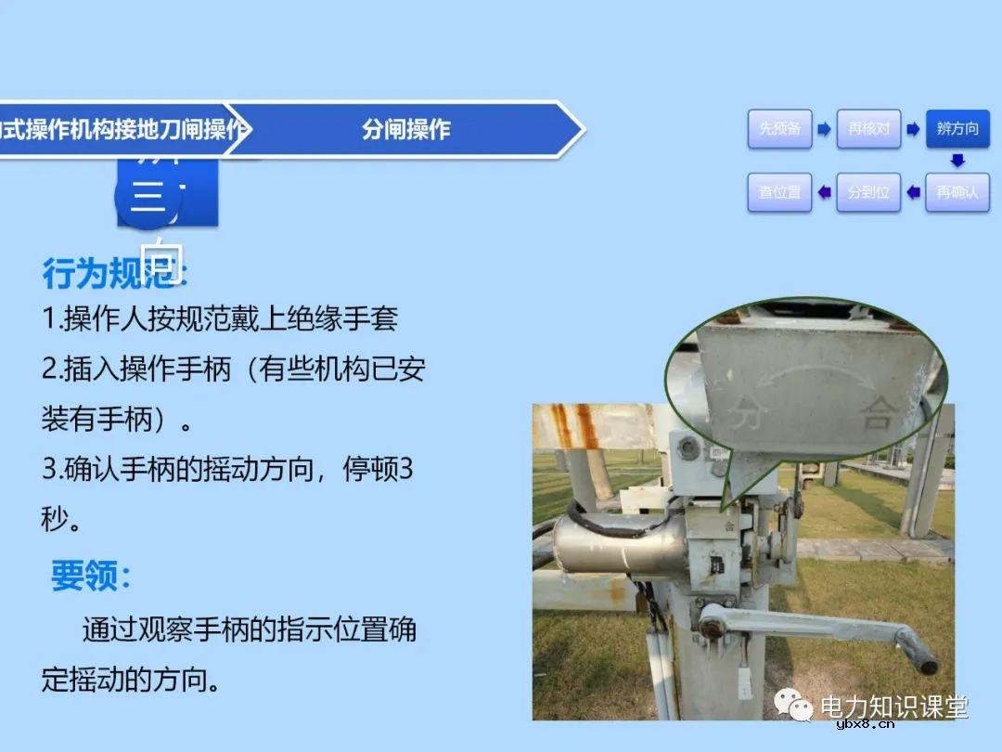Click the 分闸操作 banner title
click(405, 129)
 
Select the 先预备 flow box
click(779, 129)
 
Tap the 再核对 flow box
click(868, 129)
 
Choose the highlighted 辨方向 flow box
click(957, 129)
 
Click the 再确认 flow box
click(957, 192)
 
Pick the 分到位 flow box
click(868, 192)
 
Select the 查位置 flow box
click(779, 192)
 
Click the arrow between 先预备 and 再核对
click(824, 129)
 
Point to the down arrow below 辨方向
click(957, 161)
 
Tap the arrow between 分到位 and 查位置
click(824, 192)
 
